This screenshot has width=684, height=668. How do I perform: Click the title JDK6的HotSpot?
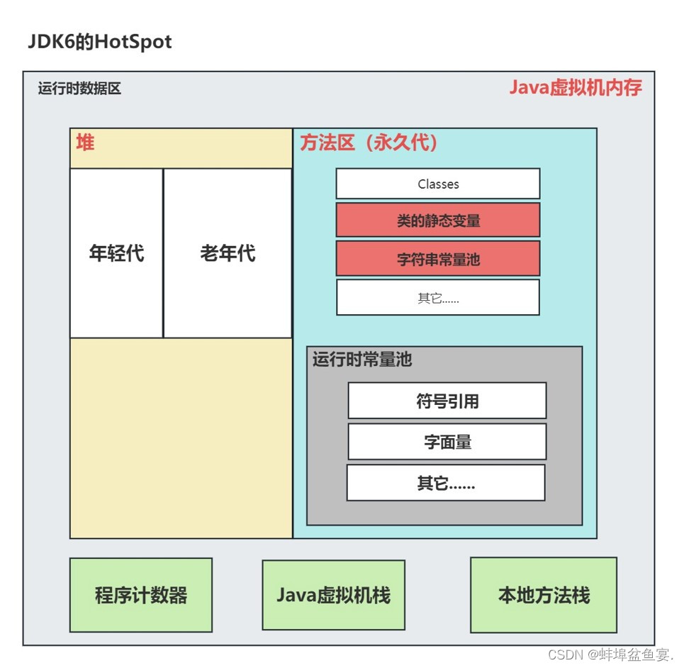[x=100, y=42]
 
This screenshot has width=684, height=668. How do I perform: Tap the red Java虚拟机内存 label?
[x=576, y=88]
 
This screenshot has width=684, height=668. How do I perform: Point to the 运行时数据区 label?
[x=79, y=89]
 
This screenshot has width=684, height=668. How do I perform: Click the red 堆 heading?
[x=85, y=143]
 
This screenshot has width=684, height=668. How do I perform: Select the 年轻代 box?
[x=116, y=253]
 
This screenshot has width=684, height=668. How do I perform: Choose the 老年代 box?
[x=228, y=253]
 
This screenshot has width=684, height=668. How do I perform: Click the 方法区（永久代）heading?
[x=369, y=143]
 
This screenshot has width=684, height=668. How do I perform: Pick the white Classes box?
[x=438, y=184]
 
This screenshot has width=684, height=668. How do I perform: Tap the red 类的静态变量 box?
[x=438, y=220]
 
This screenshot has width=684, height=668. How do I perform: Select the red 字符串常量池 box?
[x=438, y=259]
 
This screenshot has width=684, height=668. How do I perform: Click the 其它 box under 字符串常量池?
[x=438, y=298]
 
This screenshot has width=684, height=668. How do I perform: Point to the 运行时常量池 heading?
[x=362, y=360]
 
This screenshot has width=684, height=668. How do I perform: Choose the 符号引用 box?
[x=447, y=401]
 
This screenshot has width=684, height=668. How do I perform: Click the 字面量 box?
[x=447, y=442]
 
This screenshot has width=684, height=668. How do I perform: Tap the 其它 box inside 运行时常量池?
[x=446, y=484]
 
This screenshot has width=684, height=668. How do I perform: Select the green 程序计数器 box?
[x=141, y=595]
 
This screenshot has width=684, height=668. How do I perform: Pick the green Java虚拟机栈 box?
[x=333, y=595]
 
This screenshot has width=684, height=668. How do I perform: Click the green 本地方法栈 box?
[x=544, y=595]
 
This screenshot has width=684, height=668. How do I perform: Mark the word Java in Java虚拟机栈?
[x=296, y=595]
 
